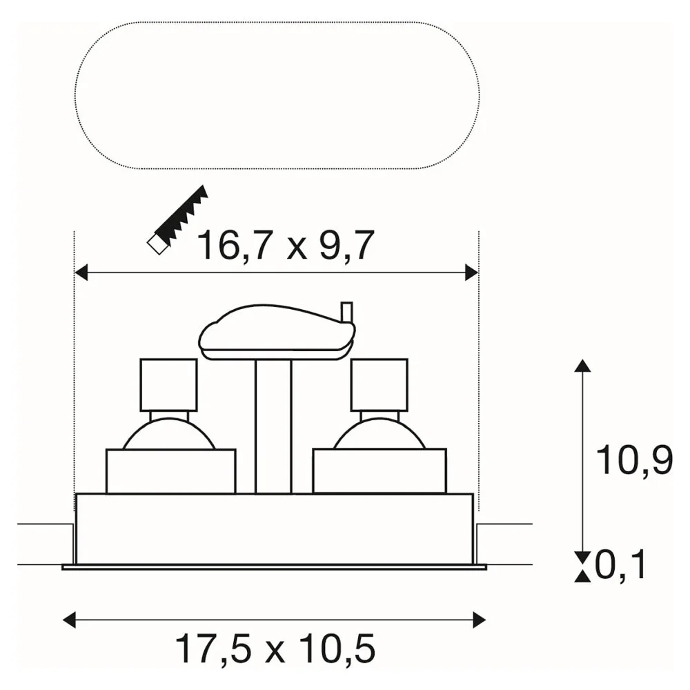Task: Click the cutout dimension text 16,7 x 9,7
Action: [x=286, y=246]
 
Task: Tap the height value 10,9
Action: [x=634, y=460]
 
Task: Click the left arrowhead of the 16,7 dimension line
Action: [x=81, y=273]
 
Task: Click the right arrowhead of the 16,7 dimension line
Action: [x=471, y=273]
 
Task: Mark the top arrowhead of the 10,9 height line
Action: [x=583, y=366]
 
